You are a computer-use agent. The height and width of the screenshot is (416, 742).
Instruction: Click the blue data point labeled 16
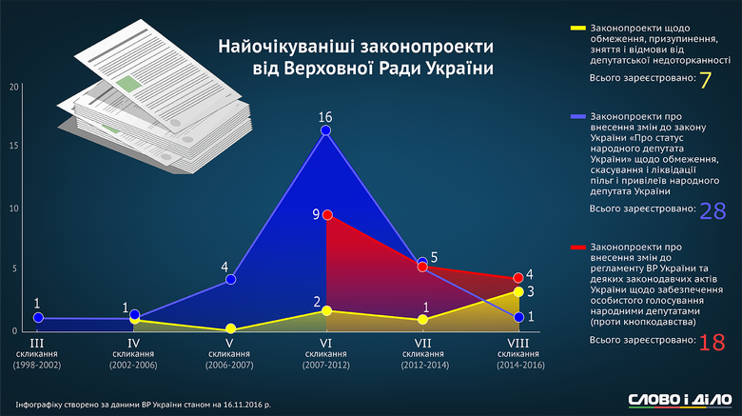coord(325,130)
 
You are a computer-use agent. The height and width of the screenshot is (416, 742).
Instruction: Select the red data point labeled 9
coord(326,215)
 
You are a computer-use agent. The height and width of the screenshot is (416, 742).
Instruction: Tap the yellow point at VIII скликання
coord(518,292)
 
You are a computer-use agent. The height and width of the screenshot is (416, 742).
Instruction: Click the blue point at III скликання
coord(38,318)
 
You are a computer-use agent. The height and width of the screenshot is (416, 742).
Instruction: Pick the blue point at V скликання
coord(230,280)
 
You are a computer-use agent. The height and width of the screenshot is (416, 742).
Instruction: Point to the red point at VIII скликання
coord(518,278)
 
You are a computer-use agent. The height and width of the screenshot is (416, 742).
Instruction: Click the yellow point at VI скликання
coord(326,310)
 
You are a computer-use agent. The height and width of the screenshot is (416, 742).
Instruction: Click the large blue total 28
coord(713,211)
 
